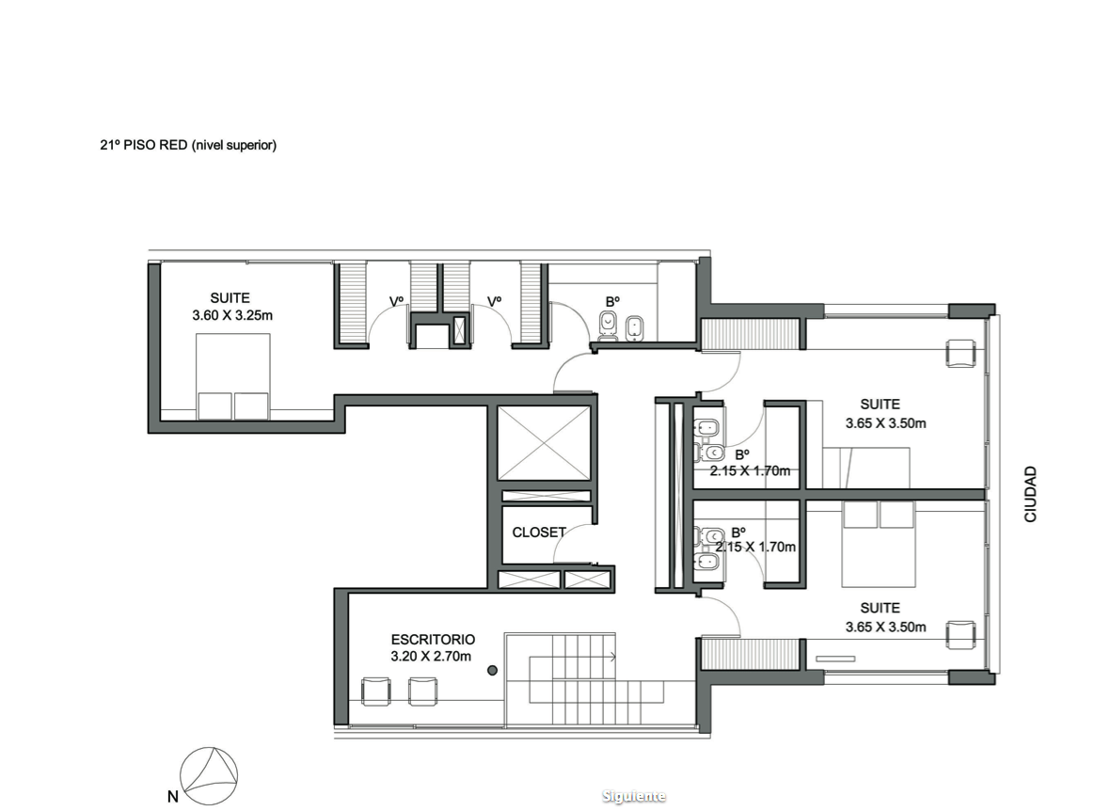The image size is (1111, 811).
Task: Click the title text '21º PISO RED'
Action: click(144, 145)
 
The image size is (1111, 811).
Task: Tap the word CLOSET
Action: click(539, 533)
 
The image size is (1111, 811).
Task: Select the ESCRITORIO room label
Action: click(433, 640)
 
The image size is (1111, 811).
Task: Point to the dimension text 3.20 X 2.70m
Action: click(431, 657)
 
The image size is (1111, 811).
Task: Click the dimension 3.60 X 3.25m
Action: click(232, 315)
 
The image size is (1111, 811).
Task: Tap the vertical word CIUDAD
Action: click(1030, 494)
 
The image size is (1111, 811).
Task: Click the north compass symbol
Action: click(209, 775)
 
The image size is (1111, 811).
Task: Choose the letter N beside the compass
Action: click(173, 797)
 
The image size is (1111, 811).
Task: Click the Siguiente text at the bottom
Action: click(633, 796)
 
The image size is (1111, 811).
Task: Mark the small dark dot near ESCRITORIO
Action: click(492, 670)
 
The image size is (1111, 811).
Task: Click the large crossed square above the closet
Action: click(544, 444)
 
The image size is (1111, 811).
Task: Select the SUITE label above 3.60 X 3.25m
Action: click(230, 298)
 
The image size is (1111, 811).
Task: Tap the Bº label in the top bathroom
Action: click(613, 301)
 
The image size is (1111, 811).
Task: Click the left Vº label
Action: click(396, 301)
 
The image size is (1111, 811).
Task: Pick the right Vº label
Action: click(495, 301)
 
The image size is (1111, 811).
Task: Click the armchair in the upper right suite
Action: click(961, 353)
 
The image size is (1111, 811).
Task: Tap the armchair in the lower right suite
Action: click(961, 634)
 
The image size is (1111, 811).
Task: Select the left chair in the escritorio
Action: click(376, 692)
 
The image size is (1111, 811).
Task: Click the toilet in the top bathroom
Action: click(608, 326)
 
